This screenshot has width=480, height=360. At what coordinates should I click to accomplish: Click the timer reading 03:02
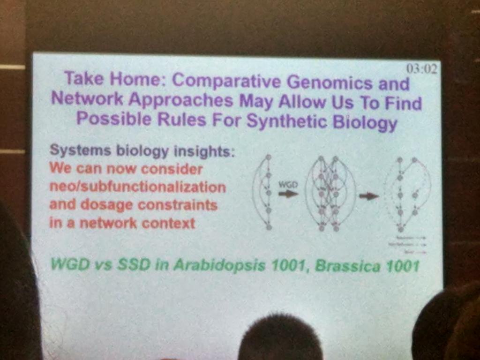point(422,69)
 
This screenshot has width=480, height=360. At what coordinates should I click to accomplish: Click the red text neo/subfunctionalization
point(137,187)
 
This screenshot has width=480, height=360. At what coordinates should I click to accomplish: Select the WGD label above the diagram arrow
point(288,184)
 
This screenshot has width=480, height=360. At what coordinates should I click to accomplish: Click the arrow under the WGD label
point(288,193)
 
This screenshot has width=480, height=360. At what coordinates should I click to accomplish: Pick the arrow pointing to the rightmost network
point(369,196)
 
